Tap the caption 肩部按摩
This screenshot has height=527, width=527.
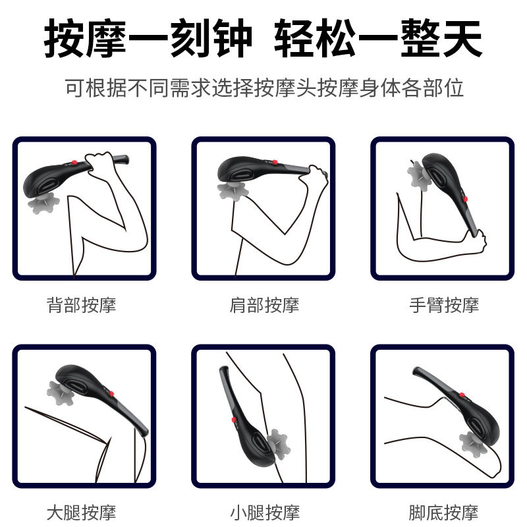coord(264,305)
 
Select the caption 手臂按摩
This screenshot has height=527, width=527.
coord(444,305)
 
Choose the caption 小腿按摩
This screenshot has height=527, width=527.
coord(264,512)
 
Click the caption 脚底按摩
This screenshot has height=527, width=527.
coord(444,512)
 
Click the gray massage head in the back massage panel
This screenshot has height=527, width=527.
coord(43,201)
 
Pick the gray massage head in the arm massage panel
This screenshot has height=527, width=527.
coord(418,174)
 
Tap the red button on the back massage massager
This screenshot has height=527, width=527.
coord(77,163)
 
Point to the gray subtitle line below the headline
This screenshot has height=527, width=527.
coord(263,88)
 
